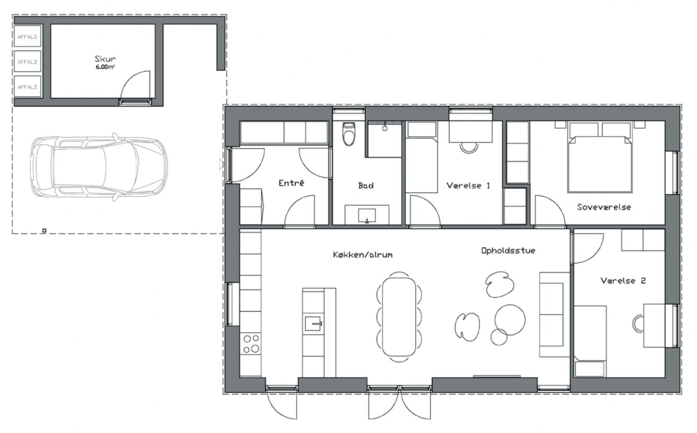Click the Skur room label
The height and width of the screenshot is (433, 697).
[x=105, y=59]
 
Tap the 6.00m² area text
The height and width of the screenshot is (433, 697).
[x=105, y=67]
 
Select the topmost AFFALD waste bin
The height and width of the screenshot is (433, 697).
[x=27, y=37]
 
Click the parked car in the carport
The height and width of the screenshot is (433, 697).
[x=98, y=167]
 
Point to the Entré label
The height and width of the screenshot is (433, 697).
[x=291, y=183]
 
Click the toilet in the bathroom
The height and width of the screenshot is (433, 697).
[x=348, y=134]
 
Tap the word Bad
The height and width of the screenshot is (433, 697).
[x=366, y=186]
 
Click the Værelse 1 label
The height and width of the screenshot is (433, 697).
[x=468, y=186]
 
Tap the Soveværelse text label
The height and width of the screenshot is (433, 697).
[x=604, y=207]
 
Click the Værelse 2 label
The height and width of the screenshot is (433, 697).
[x=623, y=281]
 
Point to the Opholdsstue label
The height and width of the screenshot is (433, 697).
[x=508, y=251]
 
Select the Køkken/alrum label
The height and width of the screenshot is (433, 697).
[x=363, y=255]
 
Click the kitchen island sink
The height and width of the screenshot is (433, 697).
[x=314, y=323]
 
